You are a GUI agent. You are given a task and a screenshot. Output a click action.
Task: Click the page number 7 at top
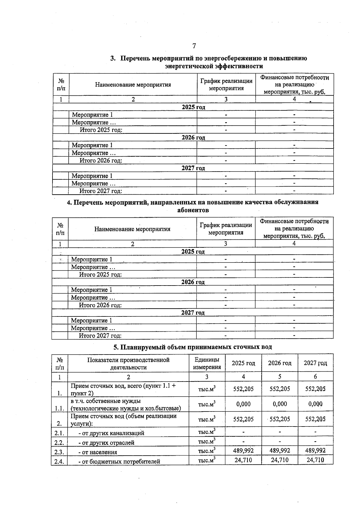194,46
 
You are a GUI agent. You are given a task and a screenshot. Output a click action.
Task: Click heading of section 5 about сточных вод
193,347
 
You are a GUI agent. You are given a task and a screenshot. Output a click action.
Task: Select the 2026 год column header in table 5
280,363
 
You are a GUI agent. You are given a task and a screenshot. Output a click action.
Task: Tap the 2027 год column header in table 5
315,363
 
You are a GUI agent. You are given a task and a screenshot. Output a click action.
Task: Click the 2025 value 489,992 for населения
243,451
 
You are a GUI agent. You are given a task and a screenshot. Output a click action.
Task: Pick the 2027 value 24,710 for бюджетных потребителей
315,460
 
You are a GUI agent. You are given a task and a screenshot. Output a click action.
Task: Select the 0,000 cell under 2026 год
280,404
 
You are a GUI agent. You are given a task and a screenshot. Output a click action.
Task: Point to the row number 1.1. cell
59,408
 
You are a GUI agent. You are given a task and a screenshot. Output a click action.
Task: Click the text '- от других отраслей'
106,443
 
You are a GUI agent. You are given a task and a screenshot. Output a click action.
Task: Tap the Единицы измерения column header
207,363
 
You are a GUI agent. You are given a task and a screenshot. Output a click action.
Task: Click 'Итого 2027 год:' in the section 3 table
100,191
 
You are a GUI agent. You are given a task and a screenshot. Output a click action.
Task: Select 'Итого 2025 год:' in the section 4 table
100,274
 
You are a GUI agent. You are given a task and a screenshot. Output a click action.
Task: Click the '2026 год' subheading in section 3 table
193,138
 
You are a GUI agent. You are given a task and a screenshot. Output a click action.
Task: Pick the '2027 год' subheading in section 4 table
193,313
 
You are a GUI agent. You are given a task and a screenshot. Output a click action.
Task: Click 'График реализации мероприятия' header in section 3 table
226,85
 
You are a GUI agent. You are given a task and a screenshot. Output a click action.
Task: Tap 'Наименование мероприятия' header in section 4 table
132,229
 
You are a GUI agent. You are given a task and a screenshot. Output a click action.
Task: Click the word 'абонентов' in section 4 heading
193,210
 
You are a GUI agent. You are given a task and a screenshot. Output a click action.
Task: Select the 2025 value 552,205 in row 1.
243,389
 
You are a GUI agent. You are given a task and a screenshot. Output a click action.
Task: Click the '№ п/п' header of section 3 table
61,85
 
